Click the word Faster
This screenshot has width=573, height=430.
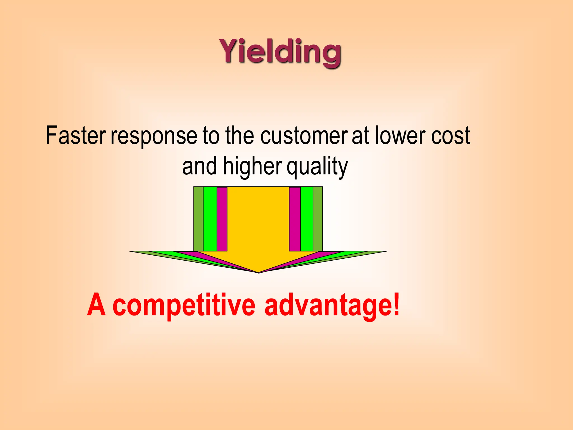pyautogui.click(x=76, y=136)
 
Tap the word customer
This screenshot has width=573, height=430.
pyautogui.click(x=304, y=136)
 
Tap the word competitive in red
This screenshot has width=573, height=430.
pyautogui.click(x=184, y=306)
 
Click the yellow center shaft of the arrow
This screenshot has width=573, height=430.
pyautogui.click(x=258, y=221)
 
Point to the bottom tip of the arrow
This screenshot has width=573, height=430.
pyautogui.click(x=258, y=272)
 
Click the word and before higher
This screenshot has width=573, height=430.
pyautogui.click(x=199, y=167)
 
